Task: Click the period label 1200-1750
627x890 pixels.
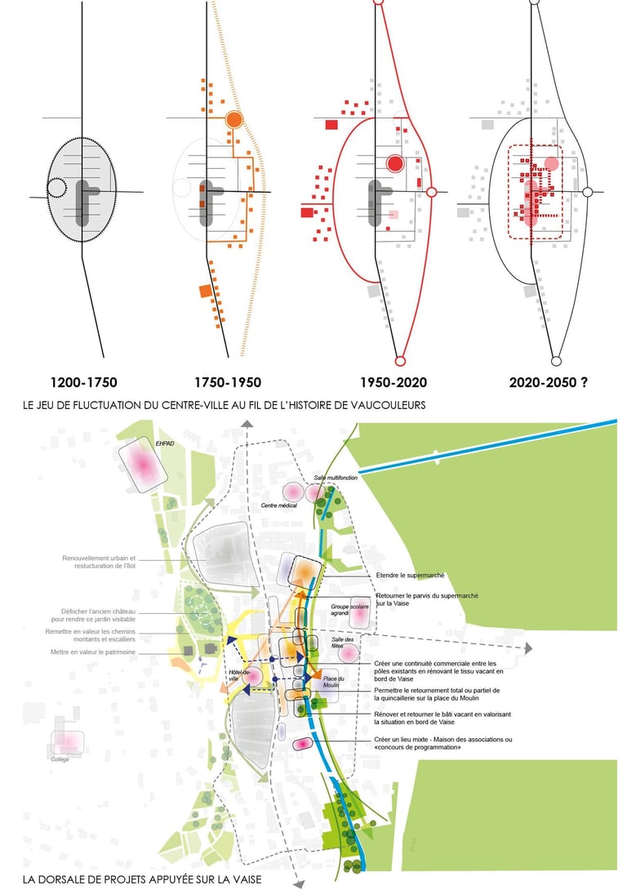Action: coord(84,381)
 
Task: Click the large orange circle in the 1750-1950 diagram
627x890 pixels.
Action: coord(233,120)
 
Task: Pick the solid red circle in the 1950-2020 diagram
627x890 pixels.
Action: coord(396,163)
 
